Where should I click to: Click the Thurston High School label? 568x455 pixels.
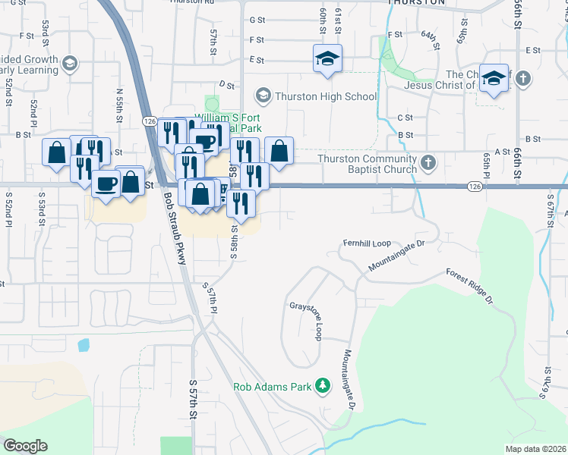(326, 96)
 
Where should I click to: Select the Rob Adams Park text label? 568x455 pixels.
(273, 387)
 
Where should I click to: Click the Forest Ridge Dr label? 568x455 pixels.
(469, 287)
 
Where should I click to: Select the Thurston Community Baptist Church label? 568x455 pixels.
(368, 164)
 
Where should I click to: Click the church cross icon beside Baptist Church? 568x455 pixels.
(428, 162)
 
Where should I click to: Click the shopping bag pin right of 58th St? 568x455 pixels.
(279, 150)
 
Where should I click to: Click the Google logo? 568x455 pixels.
(25, 446)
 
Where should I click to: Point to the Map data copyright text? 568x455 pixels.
(536, 449)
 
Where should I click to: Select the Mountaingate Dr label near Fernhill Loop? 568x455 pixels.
(396, 256)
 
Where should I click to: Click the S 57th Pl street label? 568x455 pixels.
(211, 300)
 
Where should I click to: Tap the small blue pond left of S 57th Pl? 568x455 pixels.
(83, 345)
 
